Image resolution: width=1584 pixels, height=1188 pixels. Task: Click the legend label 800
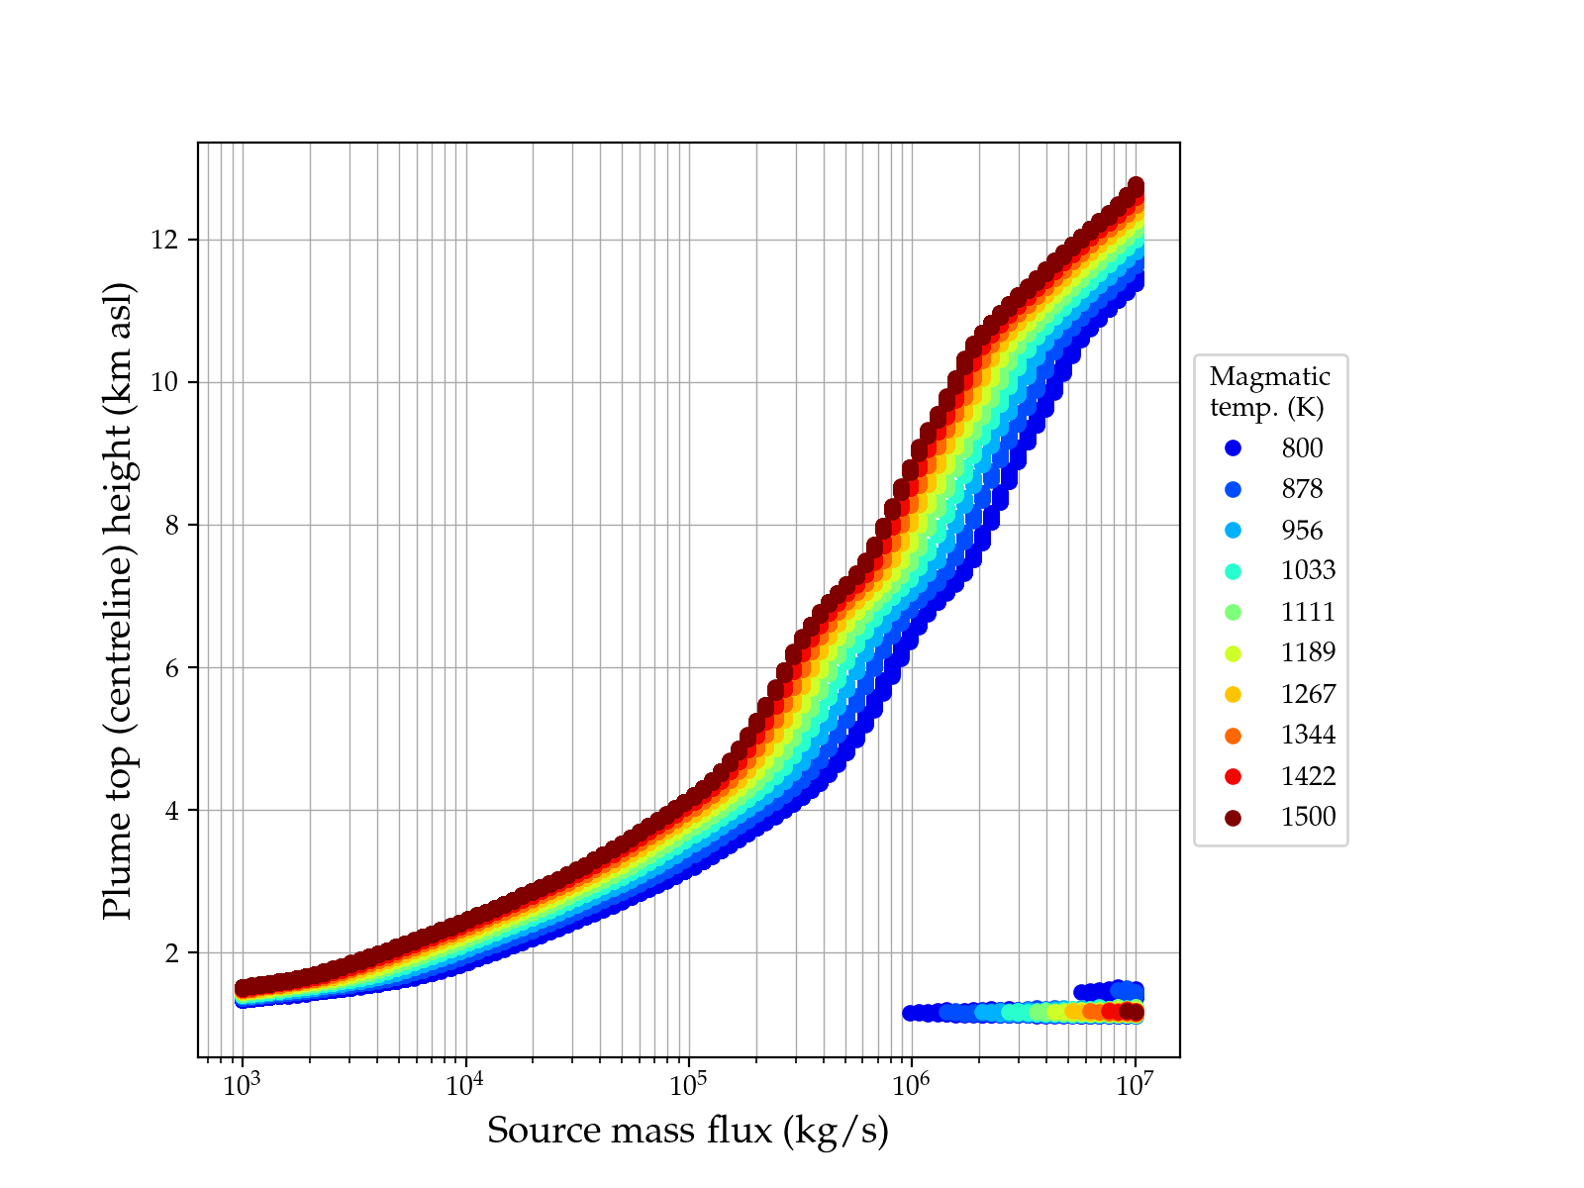pos(1302,448)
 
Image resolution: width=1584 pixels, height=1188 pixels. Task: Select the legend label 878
pos(1302,489)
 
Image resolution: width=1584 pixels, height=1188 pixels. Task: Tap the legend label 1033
pos(1308,570)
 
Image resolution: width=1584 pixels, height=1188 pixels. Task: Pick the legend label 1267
pos(1308,694)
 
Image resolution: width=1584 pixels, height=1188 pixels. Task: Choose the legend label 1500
pos(1308,817)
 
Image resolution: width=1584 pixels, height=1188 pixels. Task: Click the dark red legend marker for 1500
pos(1233,818)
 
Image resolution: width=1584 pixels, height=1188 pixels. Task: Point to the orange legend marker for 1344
pos(1233,736)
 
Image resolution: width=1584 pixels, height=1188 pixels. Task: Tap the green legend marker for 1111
pos(1233,612)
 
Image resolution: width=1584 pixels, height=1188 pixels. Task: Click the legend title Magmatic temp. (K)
pos(1269,392)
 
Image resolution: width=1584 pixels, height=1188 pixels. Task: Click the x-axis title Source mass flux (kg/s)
pos(688,1131)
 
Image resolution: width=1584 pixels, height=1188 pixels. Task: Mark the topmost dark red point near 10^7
pos(1136,186)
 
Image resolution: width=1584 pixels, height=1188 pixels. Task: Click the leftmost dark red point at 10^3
pos(243,988)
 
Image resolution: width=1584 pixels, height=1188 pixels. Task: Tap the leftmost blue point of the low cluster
pos(911,1013)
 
